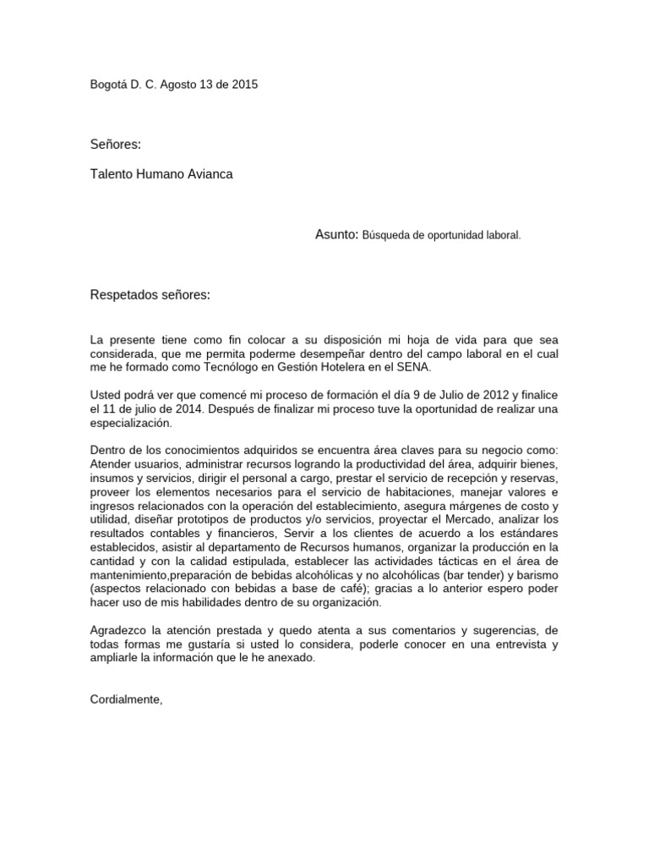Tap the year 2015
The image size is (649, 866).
[244, 85]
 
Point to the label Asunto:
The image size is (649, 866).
[337, 234]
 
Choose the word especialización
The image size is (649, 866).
[131, 424]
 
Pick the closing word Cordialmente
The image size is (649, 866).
[126, 700]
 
